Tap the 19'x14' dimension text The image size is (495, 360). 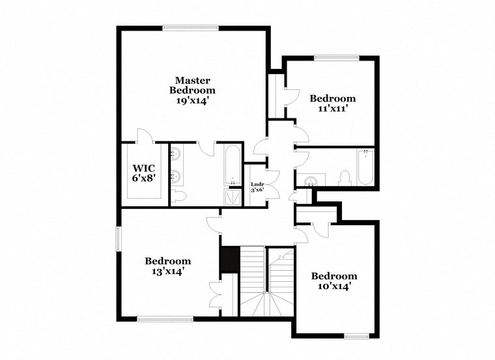(192, 102)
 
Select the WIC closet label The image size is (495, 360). (144, 167)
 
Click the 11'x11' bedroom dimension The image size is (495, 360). (333, 110)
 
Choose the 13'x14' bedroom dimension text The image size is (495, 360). (167, 272)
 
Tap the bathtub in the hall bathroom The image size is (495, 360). (365, 167)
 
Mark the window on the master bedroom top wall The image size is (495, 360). (190, 28)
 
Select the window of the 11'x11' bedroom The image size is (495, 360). (337, 57)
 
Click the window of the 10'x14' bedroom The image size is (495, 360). (357, 337)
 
